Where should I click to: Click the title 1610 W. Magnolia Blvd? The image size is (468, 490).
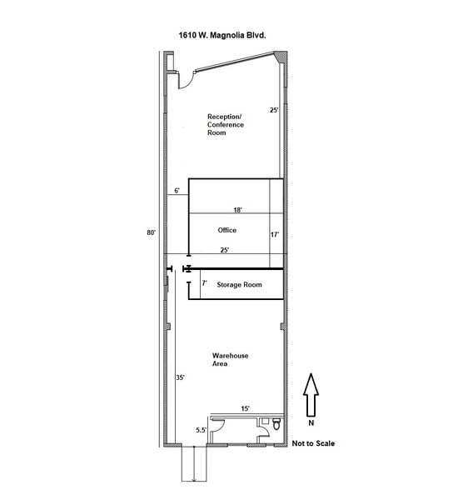[222, 35]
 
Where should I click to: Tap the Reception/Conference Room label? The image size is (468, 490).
[226, 124]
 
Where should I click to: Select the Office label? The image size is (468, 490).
[227, 230]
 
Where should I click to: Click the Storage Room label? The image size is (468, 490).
[239, 285]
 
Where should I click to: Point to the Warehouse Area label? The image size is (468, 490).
[230, 359]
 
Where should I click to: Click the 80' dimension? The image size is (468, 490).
[151, 232]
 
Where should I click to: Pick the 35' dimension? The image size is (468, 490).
[180, 377]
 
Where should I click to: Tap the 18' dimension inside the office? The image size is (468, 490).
[238, 210]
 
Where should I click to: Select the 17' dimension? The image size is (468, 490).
[275, 234]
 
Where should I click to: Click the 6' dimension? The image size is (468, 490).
[177, 190]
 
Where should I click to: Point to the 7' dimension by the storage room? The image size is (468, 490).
[204, 282]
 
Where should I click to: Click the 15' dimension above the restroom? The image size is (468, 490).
[246, 408]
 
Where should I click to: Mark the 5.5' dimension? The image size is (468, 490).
[201, 430]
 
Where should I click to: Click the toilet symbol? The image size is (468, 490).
[276, 424]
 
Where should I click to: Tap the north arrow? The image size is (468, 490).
[311, 395]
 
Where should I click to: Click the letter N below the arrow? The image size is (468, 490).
[311, 422]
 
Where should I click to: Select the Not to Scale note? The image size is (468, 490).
[313, 443]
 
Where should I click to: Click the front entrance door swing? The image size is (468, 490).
[187, 81]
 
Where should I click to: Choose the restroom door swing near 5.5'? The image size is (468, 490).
[217, 427]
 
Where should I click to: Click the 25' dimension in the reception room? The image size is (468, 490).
[274, 110]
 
